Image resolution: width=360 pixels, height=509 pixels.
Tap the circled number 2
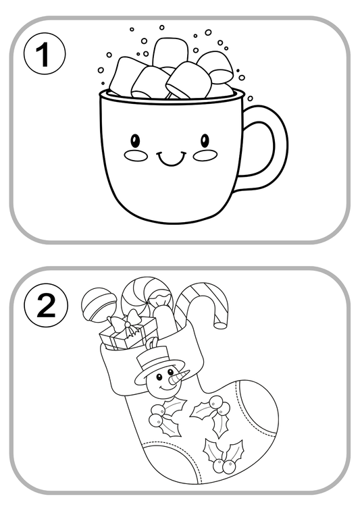pos(45,306)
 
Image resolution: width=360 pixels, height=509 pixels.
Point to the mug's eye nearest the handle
pos(205,140)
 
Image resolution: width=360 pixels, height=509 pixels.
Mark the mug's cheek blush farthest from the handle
pos(136,156)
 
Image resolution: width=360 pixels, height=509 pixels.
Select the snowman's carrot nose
pos(177,378)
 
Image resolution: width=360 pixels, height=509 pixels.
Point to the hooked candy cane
pos(203,301)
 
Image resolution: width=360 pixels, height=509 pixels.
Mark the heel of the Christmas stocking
pos(145,466)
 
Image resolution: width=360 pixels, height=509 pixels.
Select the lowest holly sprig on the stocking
pos(223,456)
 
